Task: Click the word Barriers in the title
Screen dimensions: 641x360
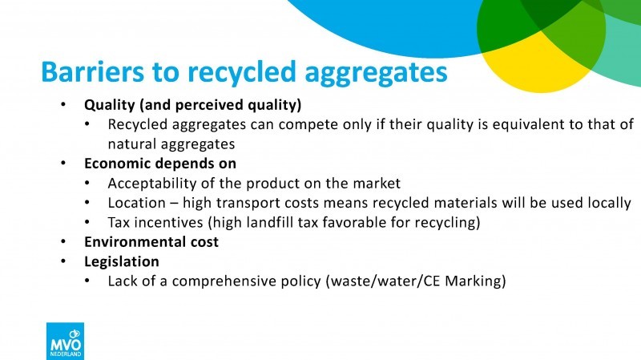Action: click(x=93, y=71)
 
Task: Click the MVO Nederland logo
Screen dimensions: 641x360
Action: click(x=66, y=342)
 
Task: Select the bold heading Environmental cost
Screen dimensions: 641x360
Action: click(x=151, y=242)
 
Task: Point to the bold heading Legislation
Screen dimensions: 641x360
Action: click(x=122, y=262)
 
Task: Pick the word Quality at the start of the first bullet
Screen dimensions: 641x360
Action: click(x=110, y=105)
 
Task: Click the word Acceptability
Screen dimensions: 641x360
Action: click(x=152, y=184)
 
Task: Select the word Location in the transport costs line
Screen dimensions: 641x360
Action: click(x=136, y=203)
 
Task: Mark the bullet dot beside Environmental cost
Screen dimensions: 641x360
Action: click(x=63, y=242)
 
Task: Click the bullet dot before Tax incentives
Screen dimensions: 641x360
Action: click(x=87, y=222)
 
